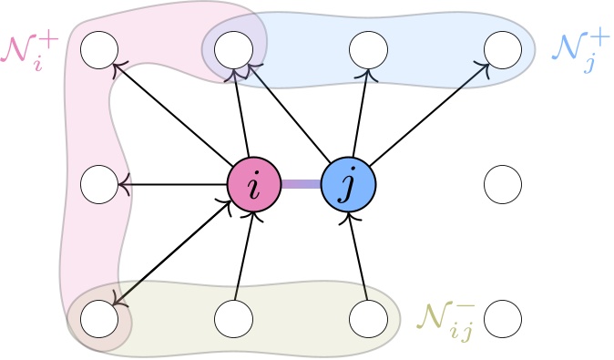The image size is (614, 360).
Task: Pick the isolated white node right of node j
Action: coord(503,185)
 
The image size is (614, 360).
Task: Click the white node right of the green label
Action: coord(503,318)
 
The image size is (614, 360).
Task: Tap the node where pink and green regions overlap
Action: coord(99,318)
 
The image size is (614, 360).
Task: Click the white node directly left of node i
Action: coord(99,185)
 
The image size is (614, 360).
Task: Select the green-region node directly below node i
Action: coord(234,318)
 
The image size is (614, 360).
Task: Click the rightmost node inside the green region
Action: coord(369,318)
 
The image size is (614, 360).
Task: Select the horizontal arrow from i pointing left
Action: coord(173,185)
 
